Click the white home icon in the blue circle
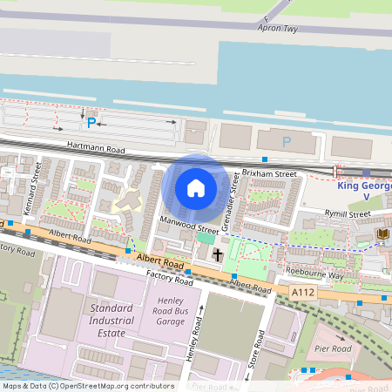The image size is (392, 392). point(196,187)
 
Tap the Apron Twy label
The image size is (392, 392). point(278,28)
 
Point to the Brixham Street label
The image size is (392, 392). point(269,174)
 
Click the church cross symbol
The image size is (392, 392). point(217,254)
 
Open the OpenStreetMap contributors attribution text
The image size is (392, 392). point(87,386)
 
